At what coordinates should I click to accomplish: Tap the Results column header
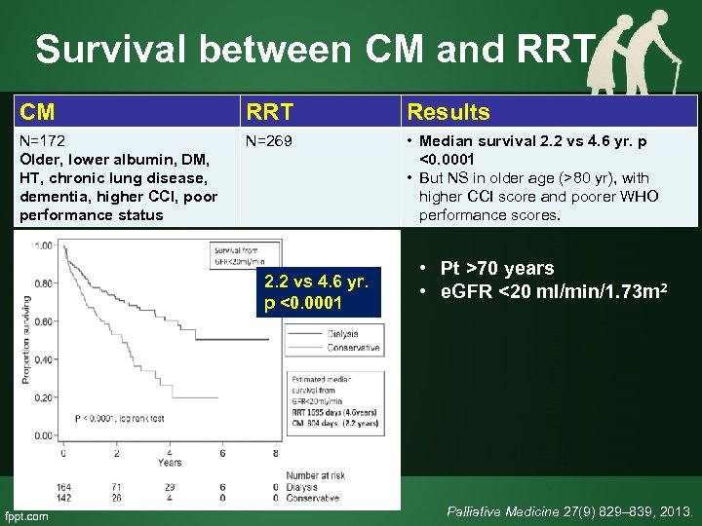(x=448, y=112)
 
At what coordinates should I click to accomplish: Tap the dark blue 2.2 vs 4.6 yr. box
(x=317, y=292)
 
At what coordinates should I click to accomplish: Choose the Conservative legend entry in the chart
(x=353, y=347)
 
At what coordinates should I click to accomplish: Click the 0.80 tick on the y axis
(x=42, y=283)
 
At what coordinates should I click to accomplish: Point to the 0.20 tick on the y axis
(x=42, y=398)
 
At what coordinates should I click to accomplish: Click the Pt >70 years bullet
(x=497, y=268)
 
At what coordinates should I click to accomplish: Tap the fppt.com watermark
(x=26, y=515)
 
